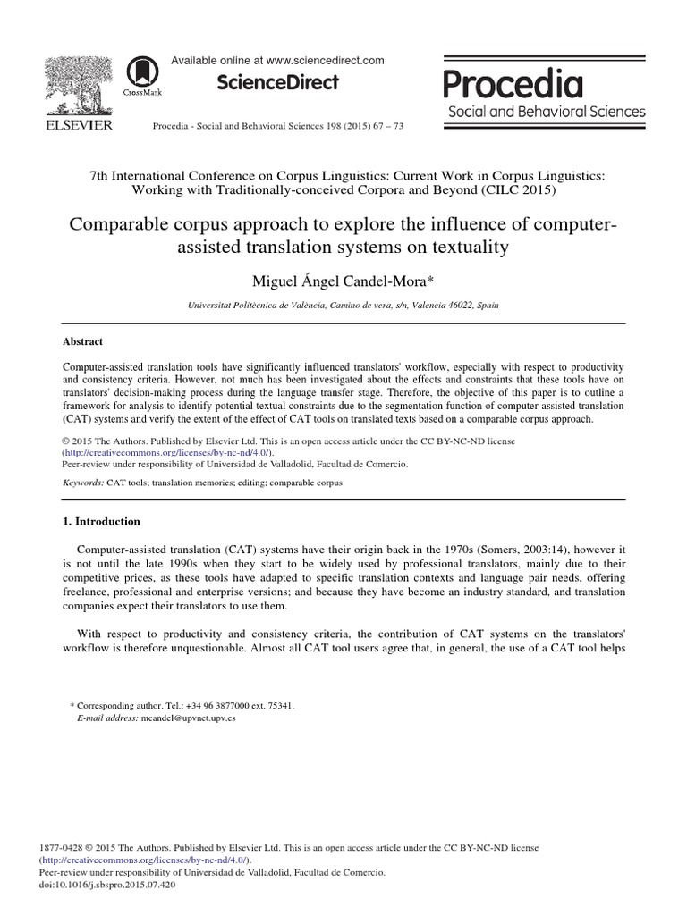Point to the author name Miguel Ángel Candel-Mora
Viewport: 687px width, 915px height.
(x=343, y=282)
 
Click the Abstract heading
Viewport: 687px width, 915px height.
(x=82, y=341)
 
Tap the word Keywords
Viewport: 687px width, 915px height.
(x=82, y=483)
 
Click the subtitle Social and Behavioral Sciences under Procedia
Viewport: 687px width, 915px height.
(x=544, y=112)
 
